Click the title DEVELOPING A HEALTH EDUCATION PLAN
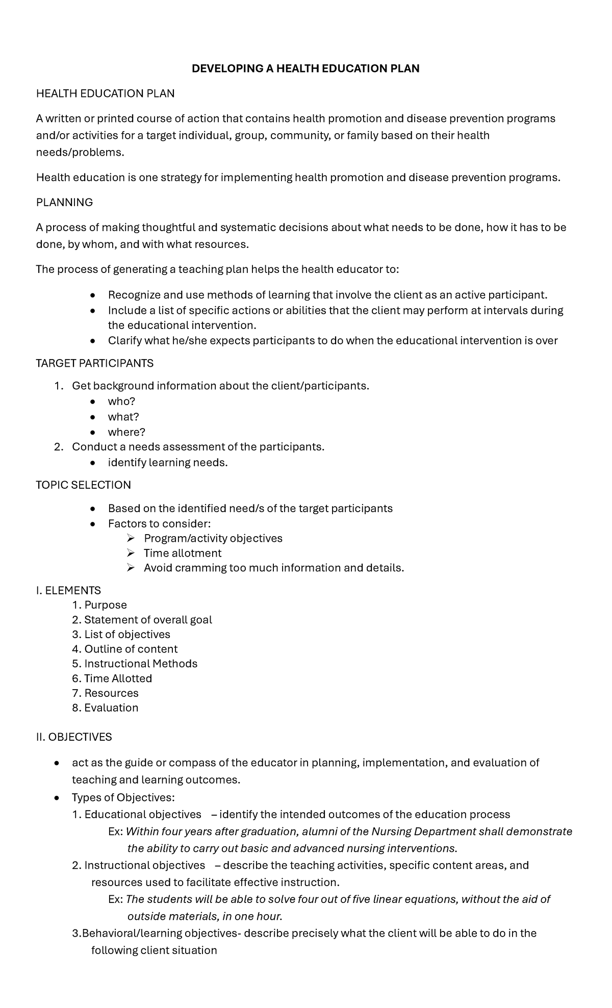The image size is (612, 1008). pos(305,68)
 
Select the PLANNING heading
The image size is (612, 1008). pos(64,203)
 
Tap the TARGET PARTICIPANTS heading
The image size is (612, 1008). pos(94,363)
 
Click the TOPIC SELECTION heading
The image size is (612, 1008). pos(83,485)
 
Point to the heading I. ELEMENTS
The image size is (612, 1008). pos(68,590)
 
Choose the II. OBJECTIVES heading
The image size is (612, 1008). pos(73,737)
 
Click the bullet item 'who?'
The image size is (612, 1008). pos(121,401)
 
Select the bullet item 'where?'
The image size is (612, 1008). pos(126,432)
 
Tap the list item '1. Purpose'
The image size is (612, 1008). pos(99,605)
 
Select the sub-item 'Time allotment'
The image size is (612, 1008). pos(182,553)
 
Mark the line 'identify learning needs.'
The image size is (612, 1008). pos(167,463)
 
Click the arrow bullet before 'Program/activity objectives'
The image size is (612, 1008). pos(131,538)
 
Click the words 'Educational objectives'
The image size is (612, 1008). pos(143,814)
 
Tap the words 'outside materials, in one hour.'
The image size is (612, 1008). pos(205,916)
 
